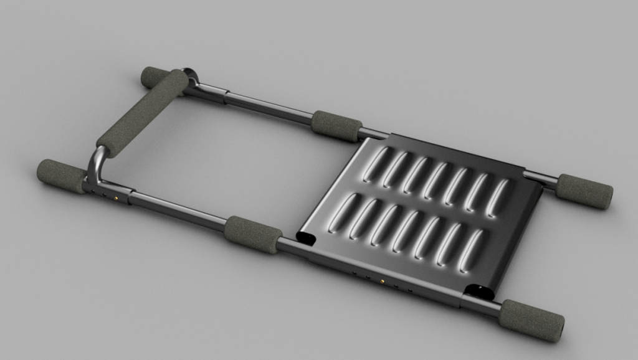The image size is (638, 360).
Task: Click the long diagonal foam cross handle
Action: point(143,113)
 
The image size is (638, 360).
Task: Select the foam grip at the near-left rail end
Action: point(61,176)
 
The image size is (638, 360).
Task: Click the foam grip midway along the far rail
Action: point(336,126)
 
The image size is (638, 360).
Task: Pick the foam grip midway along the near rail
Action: point(252,234)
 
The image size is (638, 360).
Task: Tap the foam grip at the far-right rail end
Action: point(584,191)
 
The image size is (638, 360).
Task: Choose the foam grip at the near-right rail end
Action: point(531,320)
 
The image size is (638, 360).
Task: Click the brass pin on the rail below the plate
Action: point(381,282)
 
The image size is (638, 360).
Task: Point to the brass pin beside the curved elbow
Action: point(117,199)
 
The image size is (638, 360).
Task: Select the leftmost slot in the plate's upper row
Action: point(376,164)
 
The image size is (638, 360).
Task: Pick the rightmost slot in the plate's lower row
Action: point(471,251)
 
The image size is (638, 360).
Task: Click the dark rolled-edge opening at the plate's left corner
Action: point(307,237)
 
